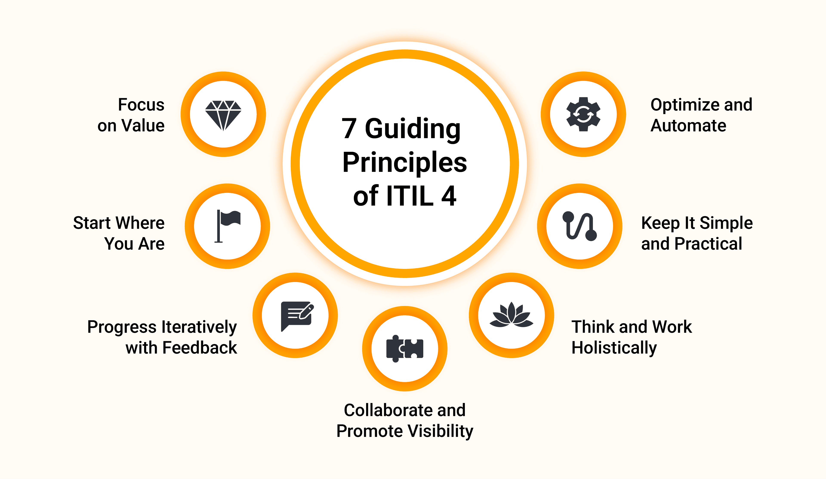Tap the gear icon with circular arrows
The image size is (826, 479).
tap(583, 114)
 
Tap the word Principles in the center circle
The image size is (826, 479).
tap(405, 163)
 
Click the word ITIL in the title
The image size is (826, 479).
tap(410, 196)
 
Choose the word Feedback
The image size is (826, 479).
tap(204, 347)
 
